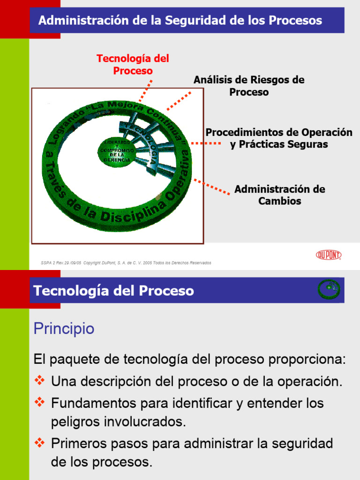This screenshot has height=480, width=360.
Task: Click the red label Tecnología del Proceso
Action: (x=133, y=65)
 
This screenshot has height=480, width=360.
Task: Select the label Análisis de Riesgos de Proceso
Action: (x=249, y=86)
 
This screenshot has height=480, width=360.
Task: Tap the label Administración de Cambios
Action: (x=279, y=195)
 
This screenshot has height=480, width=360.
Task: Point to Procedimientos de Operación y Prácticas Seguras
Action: (x=279, y=138)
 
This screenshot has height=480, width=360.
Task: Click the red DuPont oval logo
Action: (x=328, y=255)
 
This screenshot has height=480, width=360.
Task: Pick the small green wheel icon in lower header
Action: (x=329, y=289)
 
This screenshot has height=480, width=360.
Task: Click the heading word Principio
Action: (x=64, y=329)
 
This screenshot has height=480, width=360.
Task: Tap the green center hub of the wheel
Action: (x=117, y=151)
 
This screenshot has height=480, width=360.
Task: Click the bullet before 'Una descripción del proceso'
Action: (x=40, y=380)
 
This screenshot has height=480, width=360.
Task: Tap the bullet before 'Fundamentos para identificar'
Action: (x=40, y=402)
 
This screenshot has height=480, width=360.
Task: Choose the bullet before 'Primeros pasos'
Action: (x=40, y=442)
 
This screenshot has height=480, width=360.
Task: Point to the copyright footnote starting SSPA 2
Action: (x=126, y=263)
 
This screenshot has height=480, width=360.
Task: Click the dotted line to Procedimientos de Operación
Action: (x=206, y=143)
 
